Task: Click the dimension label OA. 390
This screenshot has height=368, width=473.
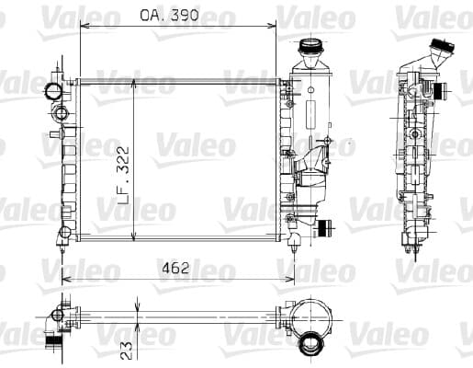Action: (169, 15)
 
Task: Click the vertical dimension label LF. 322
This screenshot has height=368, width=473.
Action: (123, 176)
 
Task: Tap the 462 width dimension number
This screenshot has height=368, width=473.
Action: (175, 269)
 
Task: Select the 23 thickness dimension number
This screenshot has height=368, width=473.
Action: (127, 351)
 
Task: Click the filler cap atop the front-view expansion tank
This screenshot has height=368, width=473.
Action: (310, 46)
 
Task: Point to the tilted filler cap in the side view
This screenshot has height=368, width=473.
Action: (442, 46)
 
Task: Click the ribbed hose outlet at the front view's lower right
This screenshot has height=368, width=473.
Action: (324, 228)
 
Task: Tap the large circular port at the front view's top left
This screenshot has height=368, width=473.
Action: (53, 91)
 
